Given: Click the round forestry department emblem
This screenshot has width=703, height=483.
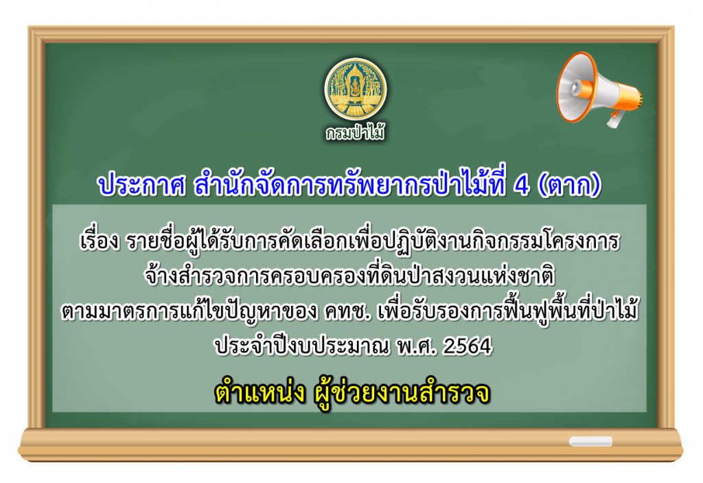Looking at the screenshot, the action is tap(356, 89).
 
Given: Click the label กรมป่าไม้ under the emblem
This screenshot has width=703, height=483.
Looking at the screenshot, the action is tap(355, 133).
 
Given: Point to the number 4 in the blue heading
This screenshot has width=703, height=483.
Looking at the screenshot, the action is tap(522, 185).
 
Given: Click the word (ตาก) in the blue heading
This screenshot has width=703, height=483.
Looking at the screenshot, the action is tap(569, 185).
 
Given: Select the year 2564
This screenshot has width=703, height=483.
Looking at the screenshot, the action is tap(468, 346).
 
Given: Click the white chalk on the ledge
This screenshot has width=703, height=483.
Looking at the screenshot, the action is tap(590, 441).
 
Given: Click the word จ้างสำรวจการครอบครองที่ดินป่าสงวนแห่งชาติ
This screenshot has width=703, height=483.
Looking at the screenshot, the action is tap(349, 276).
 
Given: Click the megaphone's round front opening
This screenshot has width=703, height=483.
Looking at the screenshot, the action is tap(574, 87).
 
